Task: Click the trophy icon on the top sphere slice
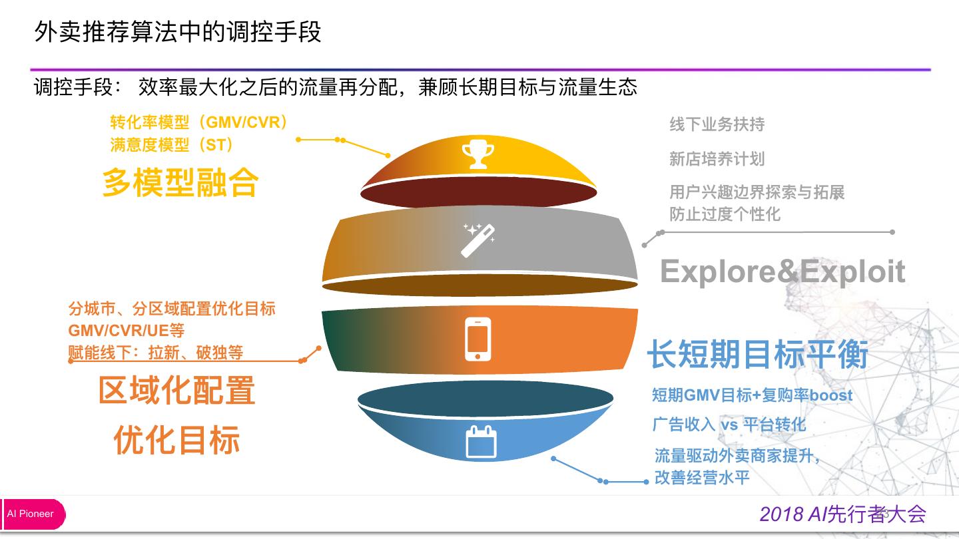click(x=478, y=153)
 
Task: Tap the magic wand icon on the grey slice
click(x=479, y=240)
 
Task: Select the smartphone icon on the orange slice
click(x=478, y=339)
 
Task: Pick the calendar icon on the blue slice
click(x=481, y=441)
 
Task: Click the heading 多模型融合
click(x=180, y=182)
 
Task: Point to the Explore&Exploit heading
click(x=783, y=271)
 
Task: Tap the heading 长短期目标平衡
click(x=758, y=354)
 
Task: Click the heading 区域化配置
click(x=176, y=391)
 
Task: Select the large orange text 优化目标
click(x=176, y=440)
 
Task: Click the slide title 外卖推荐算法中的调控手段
click(x=178, y=31)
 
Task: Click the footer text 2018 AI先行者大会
click(x=842, y=514)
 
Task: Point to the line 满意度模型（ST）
click(x=172, y=144)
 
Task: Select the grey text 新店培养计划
click(x=717, y=159)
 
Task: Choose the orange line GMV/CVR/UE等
click(x=126, y=331)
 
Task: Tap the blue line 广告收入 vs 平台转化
click(x=729, y=425)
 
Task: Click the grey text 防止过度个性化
click(x=725, y=214)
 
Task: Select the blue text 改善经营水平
click(x=702, y=478)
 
